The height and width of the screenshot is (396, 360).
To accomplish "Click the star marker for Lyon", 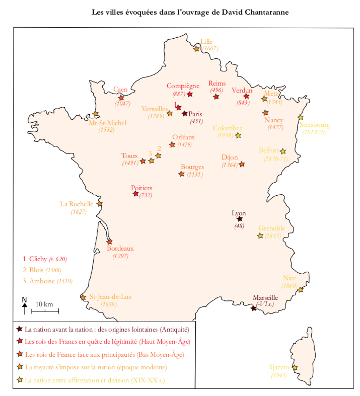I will (x=240, y=218).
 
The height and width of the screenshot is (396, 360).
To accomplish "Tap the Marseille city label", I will (x=265, y=297).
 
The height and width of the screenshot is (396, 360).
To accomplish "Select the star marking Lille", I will (x=196, y=49).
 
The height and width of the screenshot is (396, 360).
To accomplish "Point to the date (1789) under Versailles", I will (x=156, y=116).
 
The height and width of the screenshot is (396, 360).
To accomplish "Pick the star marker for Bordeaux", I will (x=109, y=242).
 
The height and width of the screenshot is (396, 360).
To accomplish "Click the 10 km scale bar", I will (x=45, y=311).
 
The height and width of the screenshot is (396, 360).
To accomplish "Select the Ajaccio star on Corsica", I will (x=295, y=368).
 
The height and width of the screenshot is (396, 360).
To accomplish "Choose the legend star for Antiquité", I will (x=19, y=329).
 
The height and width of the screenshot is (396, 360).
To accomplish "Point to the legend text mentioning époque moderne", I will (x=96, y=367).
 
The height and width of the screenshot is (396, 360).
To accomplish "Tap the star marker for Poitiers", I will (x=135, y=194).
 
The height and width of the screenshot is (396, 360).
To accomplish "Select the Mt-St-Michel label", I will (x=107, y=123).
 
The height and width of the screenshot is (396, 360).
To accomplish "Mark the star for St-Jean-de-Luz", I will (x=83, y=297).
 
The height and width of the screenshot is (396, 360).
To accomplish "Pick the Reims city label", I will (x=217, y=83).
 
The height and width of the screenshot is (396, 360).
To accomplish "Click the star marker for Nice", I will (x=301, y=290).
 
